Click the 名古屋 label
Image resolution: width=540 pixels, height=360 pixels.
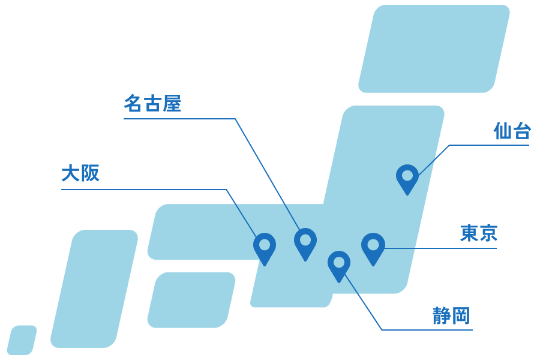click(152, 103)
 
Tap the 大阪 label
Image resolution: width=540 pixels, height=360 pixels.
click(80, 173)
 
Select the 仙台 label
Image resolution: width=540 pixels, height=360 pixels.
click(512, 131)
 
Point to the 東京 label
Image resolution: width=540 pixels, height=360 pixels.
click(479, 233)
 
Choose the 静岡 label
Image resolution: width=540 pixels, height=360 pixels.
click(451, 316)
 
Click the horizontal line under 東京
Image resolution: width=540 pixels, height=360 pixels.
click(440, 248)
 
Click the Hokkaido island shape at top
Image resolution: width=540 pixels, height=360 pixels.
click(434, 49)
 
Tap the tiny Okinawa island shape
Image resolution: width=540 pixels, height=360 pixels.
click(22, 340)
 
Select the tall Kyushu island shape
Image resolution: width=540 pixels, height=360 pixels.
click(94, 289)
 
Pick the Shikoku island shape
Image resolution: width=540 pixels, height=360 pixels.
click(191, 300)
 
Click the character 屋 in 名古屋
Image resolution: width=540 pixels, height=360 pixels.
click(172, 103)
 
